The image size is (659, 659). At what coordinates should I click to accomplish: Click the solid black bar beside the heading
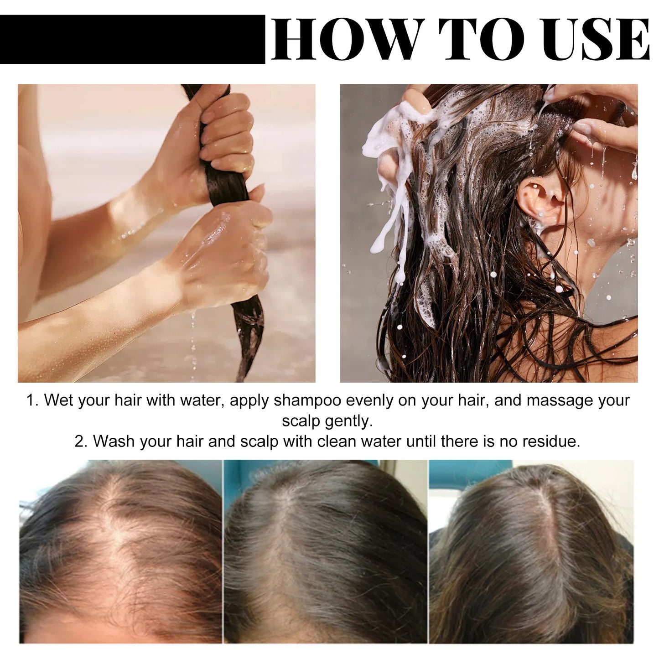click(x=132, y=39)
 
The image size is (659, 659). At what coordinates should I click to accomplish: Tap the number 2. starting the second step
click(x=81, y=441)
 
